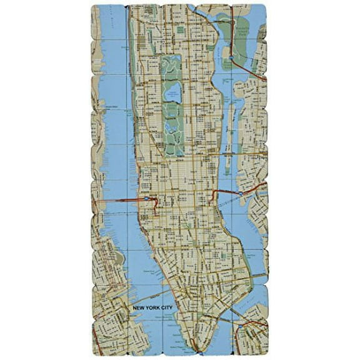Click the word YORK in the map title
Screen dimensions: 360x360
click(x=149, y=307)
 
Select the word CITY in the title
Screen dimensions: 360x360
click(x=165, y=307)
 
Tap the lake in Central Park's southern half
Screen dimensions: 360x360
click(x=170, y=127)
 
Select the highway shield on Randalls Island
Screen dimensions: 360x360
click(x=231, y=58)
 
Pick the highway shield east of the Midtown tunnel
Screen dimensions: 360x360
click(x=241, y=194)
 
